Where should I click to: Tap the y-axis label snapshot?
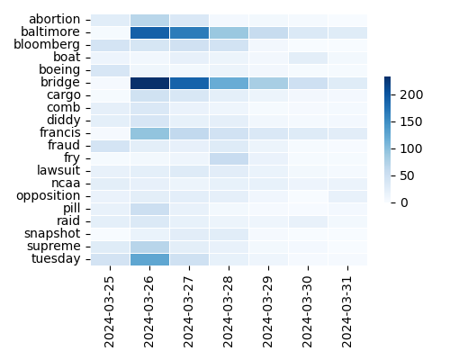pos(52,233)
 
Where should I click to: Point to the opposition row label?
pos(49,195)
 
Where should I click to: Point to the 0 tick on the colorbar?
pos(404,202)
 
